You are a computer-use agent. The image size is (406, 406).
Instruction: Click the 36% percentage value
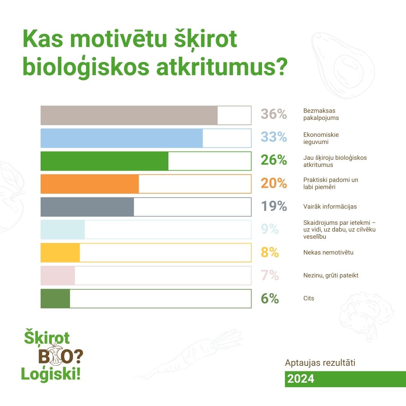coord(274,114)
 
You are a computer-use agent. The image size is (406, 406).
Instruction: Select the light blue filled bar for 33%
coord(122,138)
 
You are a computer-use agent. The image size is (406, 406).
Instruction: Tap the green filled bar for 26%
coord(105,161)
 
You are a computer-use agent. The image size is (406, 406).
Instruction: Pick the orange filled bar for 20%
coord(89,184)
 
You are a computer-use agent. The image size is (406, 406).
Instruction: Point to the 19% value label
coord(274,206)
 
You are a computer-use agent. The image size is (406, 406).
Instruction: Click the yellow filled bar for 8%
coord(60,253)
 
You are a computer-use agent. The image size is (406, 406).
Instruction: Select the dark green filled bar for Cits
coord(55,298)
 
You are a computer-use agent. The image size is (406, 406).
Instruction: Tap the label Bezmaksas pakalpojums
coord(321,114)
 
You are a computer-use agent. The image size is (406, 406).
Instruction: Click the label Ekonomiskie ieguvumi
coord(321,138)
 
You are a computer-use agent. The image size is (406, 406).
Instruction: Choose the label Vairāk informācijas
coord(330,206)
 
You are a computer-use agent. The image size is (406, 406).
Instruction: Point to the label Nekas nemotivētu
coord(328,253)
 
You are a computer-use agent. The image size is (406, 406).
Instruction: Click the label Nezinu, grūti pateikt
coord(331,275)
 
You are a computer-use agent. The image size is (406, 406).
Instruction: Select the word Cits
coord(308,298)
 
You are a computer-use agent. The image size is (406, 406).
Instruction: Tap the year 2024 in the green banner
coord(301,379)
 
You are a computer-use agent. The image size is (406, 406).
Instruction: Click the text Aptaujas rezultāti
coord(320,363)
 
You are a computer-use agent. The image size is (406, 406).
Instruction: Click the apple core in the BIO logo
coord(55,354)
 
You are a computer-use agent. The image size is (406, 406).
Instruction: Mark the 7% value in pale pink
coord(270,275)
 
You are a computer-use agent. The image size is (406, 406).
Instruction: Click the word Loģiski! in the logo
coord(51,374)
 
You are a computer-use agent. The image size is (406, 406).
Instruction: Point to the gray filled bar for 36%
coord(129,115)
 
